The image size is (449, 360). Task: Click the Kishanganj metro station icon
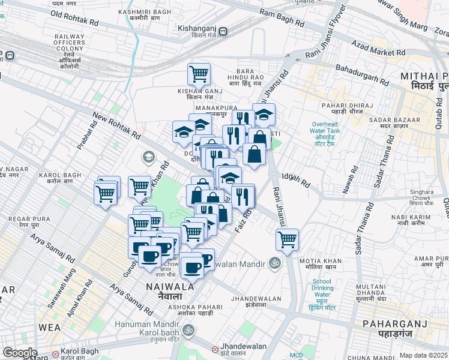(x=223, y=32)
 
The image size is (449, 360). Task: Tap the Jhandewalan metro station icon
(x=215, y=349)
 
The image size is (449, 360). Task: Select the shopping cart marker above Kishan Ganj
(x=199, y=75)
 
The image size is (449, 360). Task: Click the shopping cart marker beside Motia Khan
(x=288, y=240)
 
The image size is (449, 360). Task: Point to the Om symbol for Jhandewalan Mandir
(x=274, y=263)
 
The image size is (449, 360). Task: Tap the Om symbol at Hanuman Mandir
(x=187, y=329)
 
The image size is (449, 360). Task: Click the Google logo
(x=20, y=352)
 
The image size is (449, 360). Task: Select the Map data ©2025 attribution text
(x=423, y=355)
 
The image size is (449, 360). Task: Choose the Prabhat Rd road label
(x=87, y=137)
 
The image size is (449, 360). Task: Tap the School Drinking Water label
(x=322, y=288)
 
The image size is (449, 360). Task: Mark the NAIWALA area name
(x=170, y=290)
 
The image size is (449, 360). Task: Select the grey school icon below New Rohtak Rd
(x=148, y=157)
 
